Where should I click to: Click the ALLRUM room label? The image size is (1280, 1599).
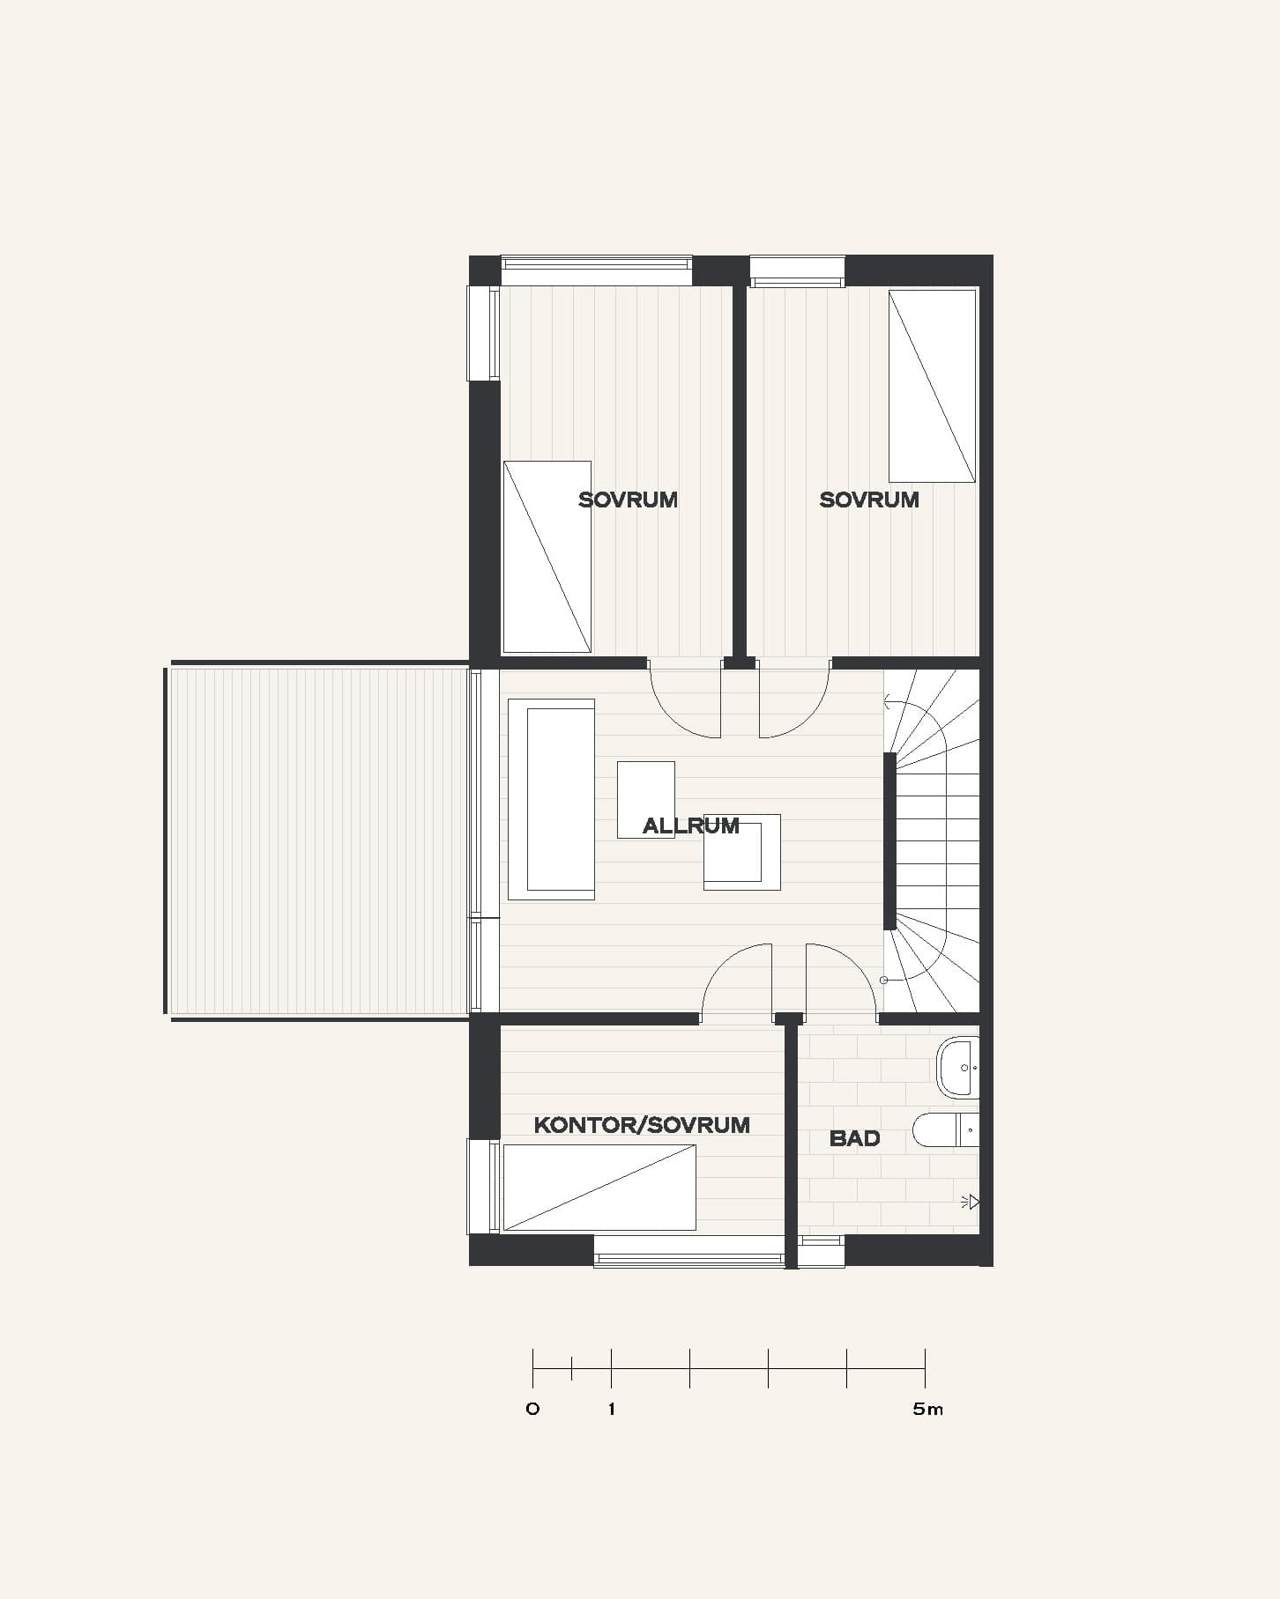coord(690,825)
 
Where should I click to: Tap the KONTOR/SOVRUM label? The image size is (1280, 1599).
coord(642,1125)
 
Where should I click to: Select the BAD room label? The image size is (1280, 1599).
coord(854,1138)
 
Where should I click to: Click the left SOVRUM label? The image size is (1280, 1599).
coord(628,500)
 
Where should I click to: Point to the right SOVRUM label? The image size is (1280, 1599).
coord(869,500)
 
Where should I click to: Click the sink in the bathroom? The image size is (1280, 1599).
coord(957,1068)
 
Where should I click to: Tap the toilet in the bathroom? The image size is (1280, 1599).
coord(946,1130)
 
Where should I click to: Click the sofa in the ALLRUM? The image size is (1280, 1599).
coord(552,799)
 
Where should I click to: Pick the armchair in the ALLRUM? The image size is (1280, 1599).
coord(741,852)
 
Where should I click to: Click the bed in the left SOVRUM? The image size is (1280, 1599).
coord(547,557)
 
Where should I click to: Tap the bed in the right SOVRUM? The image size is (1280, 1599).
coord(932,386)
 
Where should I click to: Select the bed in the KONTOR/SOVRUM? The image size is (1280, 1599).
coord(599,1187)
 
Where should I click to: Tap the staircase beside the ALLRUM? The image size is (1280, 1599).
coord(933,840)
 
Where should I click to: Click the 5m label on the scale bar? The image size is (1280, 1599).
coord(927,1409)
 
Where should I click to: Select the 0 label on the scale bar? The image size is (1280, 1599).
coord(532,1409)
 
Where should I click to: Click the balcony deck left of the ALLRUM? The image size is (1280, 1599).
coord(318,840)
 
